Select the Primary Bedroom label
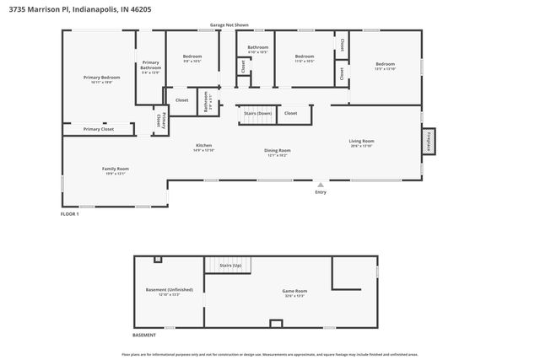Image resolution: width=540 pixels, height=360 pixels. (101, 78)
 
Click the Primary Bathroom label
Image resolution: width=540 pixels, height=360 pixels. (151, 65)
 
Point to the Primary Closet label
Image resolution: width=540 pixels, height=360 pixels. (98, 129)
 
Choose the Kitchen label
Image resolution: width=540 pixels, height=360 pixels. (204, 145)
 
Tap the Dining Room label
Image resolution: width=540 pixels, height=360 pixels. (278, 150)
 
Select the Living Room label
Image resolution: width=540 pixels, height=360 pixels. (362, 141)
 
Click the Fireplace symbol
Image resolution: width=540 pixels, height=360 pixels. (429, 141)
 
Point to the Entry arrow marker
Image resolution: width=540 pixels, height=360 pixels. (320, 183)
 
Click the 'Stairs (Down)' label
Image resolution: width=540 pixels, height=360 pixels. (257, 112)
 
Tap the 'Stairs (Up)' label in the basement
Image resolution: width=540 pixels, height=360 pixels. (230, 265)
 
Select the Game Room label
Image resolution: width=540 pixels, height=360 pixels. (294, 291)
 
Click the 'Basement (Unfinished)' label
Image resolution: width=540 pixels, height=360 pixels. (163, 290)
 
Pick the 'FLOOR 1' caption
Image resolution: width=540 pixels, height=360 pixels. (70, 214)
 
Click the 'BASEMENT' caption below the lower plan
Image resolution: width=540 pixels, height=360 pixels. (144, 335)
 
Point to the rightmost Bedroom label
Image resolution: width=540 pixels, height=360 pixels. (385, 64)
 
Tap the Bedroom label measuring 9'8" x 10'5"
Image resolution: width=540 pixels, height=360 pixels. (192, 57)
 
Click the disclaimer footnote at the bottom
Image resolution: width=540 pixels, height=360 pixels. (269, 354)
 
